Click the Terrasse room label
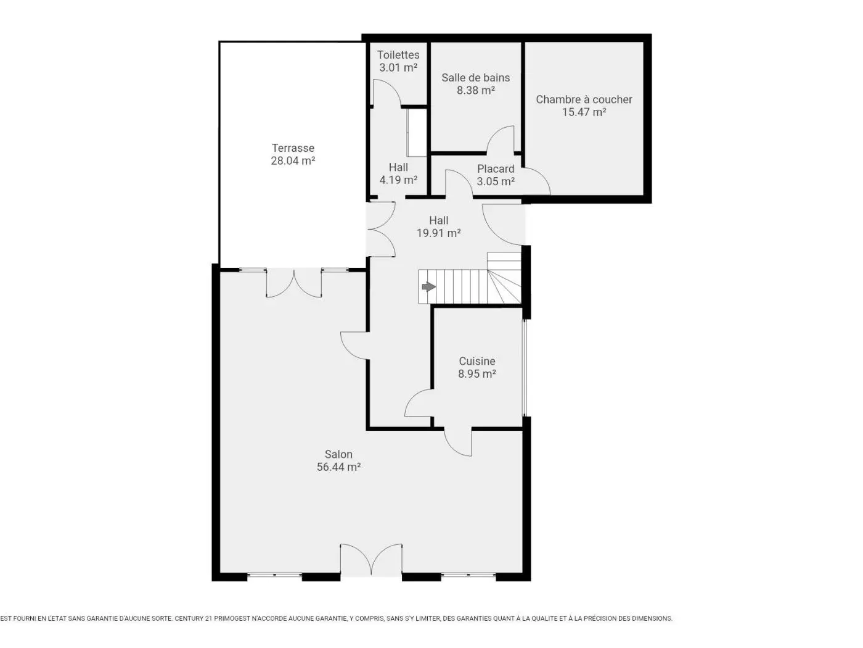pos(293,148)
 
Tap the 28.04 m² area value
pos(293,160)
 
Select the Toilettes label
pos(398,55)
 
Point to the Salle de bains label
pos(475,78)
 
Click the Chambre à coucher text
pos(584,99)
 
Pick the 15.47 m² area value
pos(584,112)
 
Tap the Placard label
pos(496,168)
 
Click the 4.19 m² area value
pos(398,180)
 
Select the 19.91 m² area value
pos(438,233)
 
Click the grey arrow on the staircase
pos(428,286)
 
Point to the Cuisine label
pos(477,361)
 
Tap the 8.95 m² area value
pos(477,373)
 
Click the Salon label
pos(338,454)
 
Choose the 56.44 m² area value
pos(338,467)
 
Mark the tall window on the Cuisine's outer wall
pos(525,367)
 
